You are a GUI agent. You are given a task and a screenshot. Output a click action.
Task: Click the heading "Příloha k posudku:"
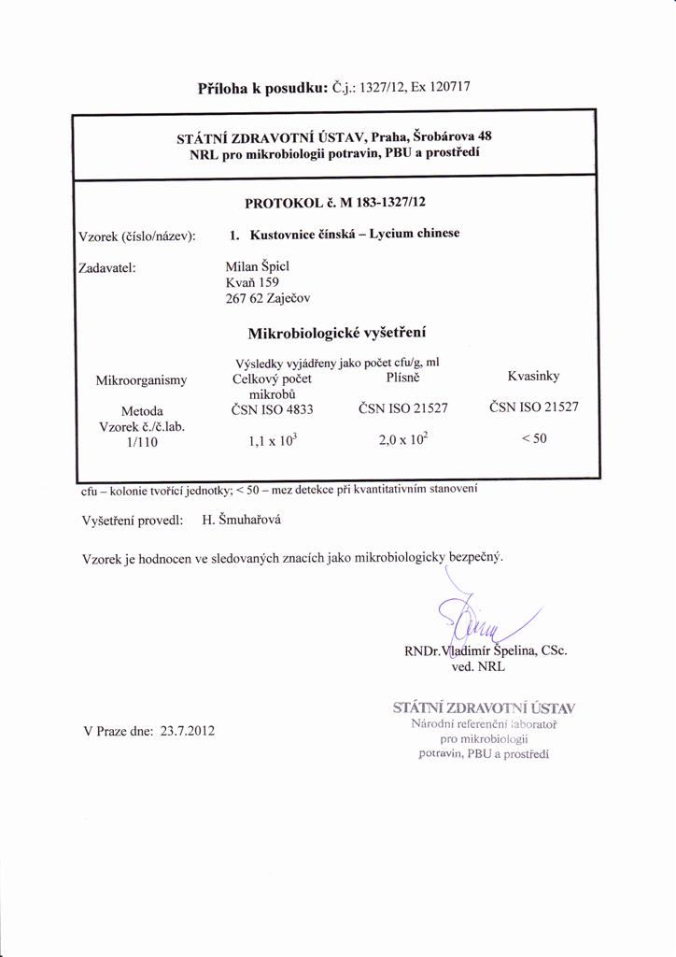point(262,89)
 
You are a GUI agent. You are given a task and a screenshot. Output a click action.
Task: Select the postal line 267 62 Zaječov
point(268,298)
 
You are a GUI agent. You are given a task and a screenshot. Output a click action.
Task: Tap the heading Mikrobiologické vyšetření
point(337,333)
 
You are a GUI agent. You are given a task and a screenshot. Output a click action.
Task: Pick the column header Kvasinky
point(533,377)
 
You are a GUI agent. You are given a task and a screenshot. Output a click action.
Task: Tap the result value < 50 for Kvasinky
point(533,441)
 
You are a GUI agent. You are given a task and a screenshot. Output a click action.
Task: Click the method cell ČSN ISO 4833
point(272,409)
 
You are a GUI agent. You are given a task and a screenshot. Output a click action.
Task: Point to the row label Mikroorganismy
point(142,379)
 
